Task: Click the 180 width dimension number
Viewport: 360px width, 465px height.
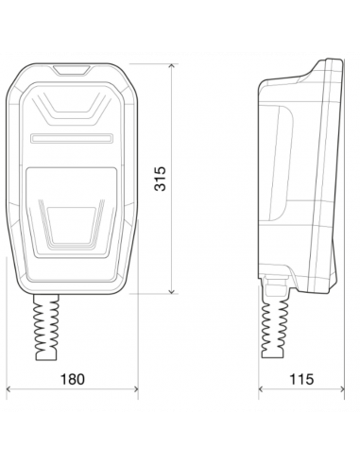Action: pyautogui.click(x=73, y=379)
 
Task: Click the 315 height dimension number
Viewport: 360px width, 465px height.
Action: pyautogui.click(x=160, y=179)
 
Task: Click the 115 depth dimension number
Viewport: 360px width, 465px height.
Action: pyautogui.click(x=301, y=379)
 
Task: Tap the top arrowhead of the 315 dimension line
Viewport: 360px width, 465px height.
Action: pyautogui.click(x=172, y=66)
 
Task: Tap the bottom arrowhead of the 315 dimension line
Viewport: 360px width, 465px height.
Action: pyautogui.click(x=172, y=291)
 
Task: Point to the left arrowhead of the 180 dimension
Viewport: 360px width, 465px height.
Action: pyautogui.click(x=9, y=389)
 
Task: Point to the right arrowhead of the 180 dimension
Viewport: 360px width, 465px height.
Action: pyautogui.click(x=135, y=389)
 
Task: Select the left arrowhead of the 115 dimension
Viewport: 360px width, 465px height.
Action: pyautogui.click(x=262, y=389)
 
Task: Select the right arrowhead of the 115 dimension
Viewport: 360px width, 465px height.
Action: pyautogui.click(x=341, y=389)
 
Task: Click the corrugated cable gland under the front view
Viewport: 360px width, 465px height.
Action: pyautogui.click(x=46, y=327)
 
